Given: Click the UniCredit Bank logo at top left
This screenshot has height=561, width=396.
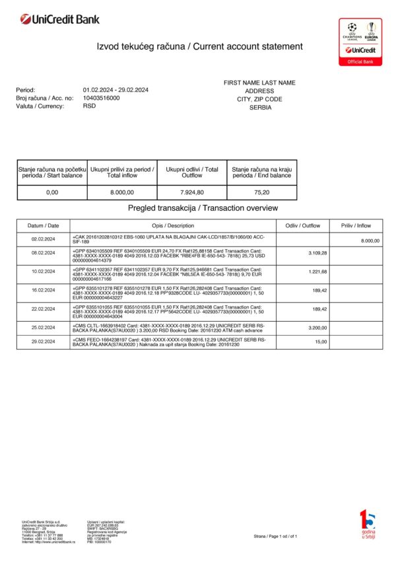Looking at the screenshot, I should click(x=60, y=20).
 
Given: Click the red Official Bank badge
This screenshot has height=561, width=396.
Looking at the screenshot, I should click(x=360, y=61).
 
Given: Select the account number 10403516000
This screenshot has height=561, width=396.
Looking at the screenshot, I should click(x=102, y=98).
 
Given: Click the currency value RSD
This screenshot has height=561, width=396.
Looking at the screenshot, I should click(x=90, y=106).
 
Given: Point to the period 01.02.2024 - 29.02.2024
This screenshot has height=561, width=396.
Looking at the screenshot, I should click(x=115, y=90).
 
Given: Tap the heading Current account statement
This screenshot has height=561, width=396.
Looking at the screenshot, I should click(x=200, y=46).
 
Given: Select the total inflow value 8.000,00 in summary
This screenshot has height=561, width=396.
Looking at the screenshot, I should click(x=122, y=192).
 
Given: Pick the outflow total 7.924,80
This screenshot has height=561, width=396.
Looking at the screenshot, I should click(x=192, y=192).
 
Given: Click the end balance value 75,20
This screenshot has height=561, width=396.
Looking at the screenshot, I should click(x=261, y=192).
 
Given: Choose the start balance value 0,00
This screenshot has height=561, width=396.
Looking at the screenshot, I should click(x=52, y=192).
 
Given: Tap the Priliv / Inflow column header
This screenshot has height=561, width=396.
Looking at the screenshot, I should click(x=356, y=225).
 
